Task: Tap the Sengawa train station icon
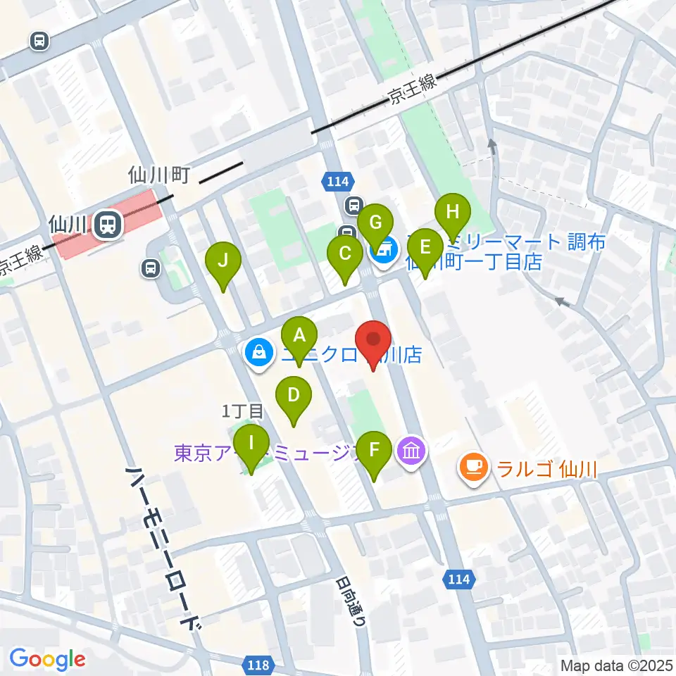(x=108, y=225)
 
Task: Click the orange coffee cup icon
(x=474, y=467)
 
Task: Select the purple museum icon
(x=411, y=449)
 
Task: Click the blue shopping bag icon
(x=258, y=352)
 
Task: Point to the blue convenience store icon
(x=384, y=248)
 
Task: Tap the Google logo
(x=47, y=659)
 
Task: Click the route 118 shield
(x=258, y=664)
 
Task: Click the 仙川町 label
(x=159, y=175)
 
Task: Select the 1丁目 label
(x=242, y=411)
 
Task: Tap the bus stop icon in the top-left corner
(x=40, y=41)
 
